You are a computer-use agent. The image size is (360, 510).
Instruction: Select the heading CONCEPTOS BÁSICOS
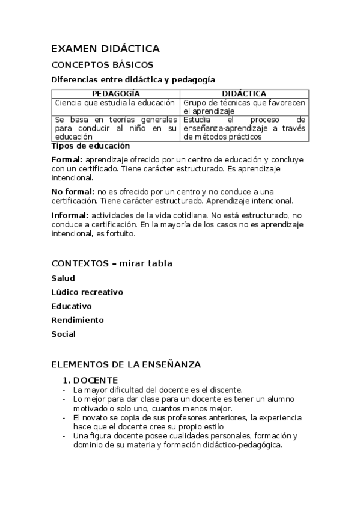pyautogui.click(x=102, y=64)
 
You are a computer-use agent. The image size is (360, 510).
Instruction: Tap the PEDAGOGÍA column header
pyautogui.click(x=115, y=94)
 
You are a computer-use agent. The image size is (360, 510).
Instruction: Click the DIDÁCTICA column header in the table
pyautogui.click(x=244, y=94)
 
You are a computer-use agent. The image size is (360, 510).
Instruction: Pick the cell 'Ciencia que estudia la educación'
pyautogui.click(x=115, y=103)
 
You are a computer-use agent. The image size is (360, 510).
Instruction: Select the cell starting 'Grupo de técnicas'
pyautogui.click(x=244, y=107)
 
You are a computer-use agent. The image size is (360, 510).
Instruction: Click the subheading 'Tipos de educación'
pyautogui.click(x=90, y=146)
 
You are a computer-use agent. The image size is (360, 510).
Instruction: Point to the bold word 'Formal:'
pyautogui.click(x=67, y=160)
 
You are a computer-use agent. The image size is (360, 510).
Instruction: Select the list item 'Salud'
pyautogui.click(x=63, y=278)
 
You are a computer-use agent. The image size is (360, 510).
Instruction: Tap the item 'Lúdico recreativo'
pyautogui.click(x=87, y=292)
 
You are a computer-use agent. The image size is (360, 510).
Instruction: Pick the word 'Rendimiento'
pyautogui.click(x=78, y=320)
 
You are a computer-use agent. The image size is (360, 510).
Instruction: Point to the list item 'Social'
pyautogui.click(x=64, y=334)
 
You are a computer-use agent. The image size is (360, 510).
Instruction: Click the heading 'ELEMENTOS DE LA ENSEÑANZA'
pyautogui.click(x=126, y=364)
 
